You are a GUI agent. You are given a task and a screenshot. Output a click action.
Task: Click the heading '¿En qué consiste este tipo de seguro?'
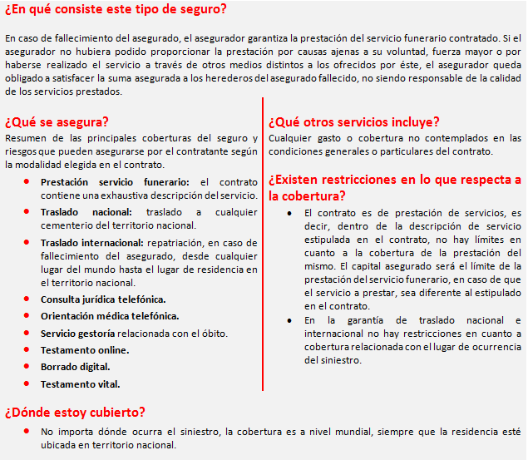coord(115,10)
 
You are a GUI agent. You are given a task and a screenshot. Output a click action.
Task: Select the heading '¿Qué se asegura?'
coord(57,121)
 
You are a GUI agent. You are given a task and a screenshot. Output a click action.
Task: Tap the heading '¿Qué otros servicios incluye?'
coord(354,121)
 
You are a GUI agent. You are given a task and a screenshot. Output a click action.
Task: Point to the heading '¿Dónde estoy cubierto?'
coord(75,412)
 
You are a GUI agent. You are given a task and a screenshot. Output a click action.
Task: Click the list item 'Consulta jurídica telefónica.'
coord(103,299)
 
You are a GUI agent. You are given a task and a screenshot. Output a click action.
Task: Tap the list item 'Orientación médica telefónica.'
coord(110,316)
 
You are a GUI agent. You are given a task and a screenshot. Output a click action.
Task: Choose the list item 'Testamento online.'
coord(85,350)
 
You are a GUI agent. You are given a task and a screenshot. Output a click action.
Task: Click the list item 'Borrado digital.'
coord(76,367)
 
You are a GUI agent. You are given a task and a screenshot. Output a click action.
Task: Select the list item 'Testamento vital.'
coord(81,383)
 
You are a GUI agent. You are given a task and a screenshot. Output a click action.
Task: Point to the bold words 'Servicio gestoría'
coord(78,334)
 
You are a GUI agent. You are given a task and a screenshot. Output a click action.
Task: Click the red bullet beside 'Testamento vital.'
coord(27,383)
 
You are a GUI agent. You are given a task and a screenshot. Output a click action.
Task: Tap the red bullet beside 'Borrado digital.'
coord(27,367)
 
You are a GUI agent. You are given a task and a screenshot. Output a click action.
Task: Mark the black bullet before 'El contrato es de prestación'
coord(288,213)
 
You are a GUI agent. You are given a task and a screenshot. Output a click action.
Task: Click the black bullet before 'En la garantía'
coord(288,320)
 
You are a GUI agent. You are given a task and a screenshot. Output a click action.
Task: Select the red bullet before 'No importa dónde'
coord(27,432)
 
